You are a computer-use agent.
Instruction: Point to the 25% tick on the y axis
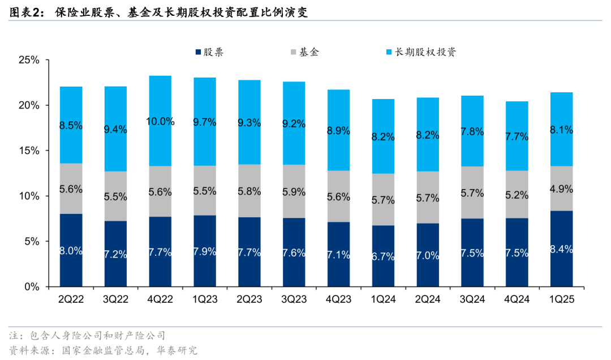pos(28,60)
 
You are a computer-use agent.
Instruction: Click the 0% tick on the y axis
pos(31,287)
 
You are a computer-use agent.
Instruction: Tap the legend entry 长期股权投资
pos(425,52)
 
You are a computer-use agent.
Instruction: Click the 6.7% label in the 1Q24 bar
pos(383,256)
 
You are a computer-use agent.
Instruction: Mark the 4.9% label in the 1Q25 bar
pos(561,188)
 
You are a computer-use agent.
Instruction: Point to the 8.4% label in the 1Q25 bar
pos(561,249)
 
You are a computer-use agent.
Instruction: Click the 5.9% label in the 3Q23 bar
pos(294,191)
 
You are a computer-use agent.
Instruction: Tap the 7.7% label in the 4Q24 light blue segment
pos(517,136)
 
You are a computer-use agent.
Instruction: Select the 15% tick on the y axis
pos(28,151)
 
